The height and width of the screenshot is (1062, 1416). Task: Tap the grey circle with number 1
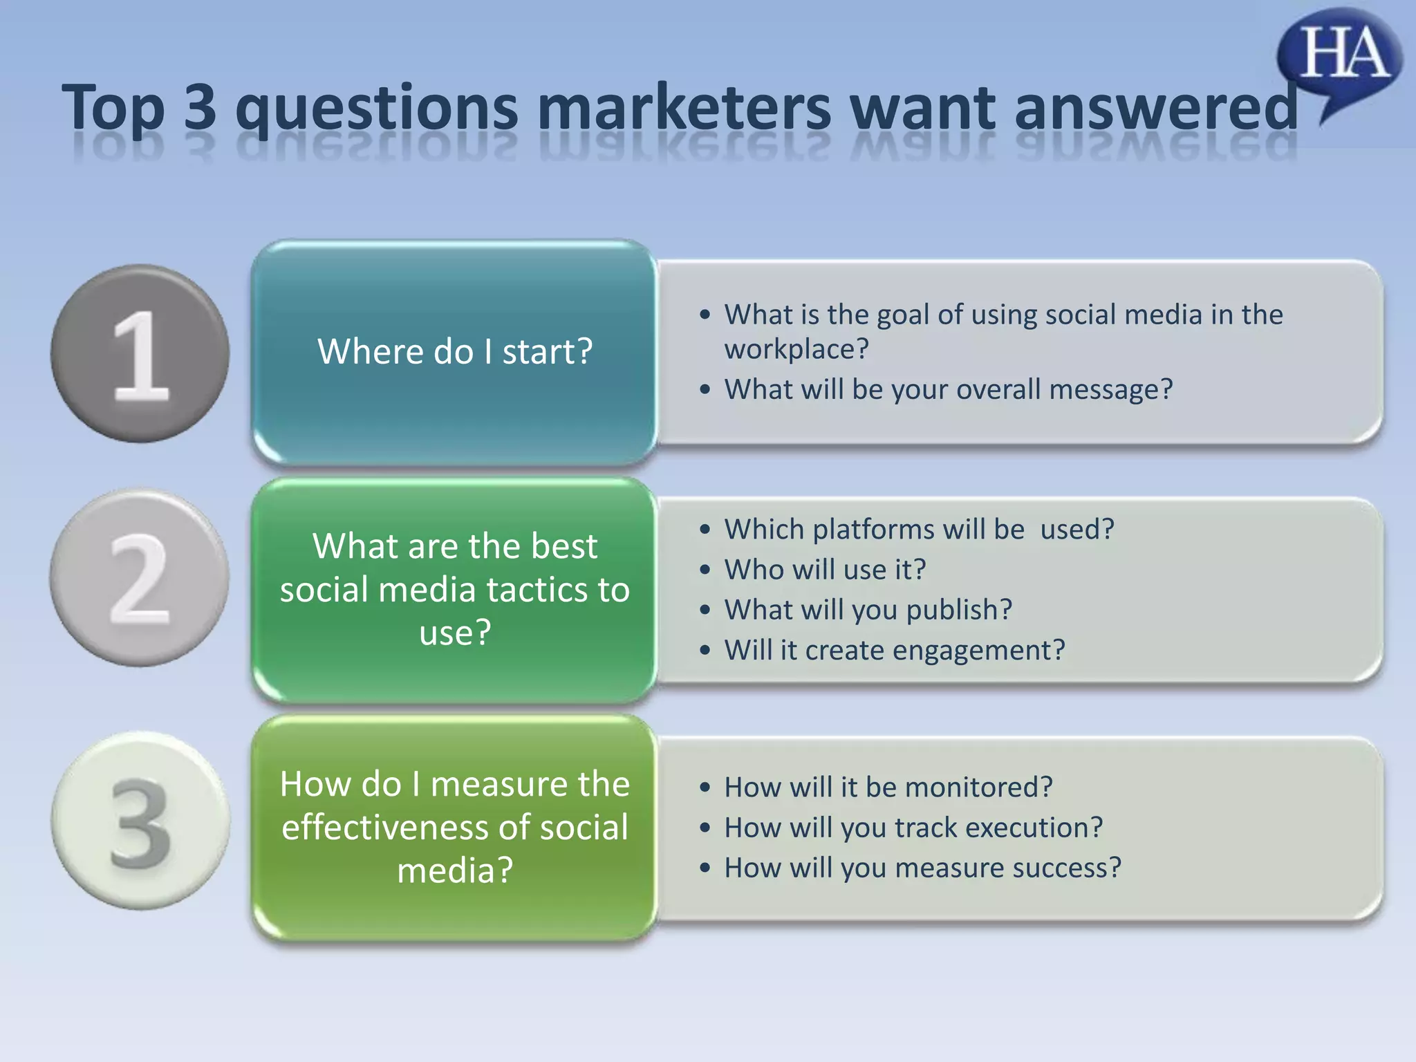pos(140,353)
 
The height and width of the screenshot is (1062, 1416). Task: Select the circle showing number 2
pos(140,578)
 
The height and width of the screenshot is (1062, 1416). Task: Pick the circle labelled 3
pos(140,821)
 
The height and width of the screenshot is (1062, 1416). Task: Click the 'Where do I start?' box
pos(454,352)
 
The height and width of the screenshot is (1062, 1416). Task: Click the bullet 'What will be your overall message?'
pos(948,389)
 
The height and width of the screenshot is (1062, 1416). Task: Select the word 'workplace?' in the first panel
pos(796,349)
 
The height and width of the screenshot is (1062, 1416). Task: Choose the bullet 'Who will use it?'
pos(825,570)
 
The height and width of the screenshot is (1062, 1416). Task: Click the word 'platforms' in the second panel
pos(873,530)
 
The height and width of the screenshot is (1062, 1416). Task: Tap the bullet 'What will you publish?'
pos(868,610)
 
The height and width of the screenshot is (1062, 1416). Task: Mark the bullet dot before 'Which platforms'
pos(705,530)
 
